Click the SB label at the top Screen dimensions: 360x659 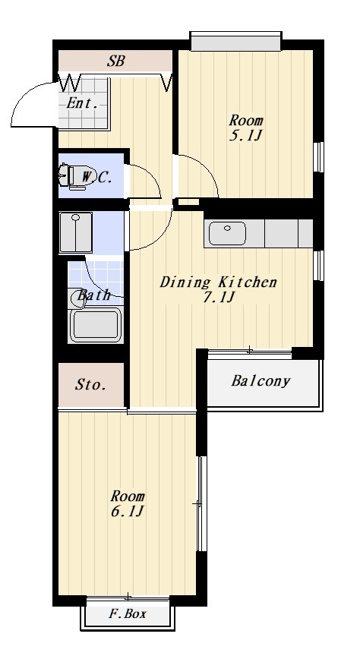[115, 61]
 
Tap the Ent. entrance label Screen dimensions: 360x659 [83, 103]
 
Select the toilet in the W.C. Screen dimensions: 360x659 [68, 175]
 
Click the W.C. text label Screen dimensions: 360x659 [96, 177]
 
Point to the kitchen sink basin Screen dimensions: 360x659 [228, 232]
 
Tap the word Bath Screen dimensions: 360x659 [93, 295]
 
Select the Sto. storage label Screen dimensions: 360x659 [90, 384]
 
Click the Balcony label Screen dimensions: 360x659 [261, 381]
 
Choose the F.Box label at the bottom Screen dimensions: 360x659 [128, 613]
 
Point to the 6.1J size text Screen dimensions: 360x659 [128, 512]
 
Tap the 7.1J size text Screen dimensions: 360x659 [218, 297]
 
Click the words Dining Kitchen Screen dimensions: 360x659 [218, 282]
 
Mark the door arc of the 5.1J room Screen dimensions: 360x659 [206, 168]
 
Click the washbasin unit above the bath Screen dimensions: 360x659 [76, 232]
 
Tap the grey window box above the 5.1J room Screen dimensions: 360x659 [235, 42]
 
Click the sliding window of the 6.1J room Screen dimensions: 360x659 [201, 503]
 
